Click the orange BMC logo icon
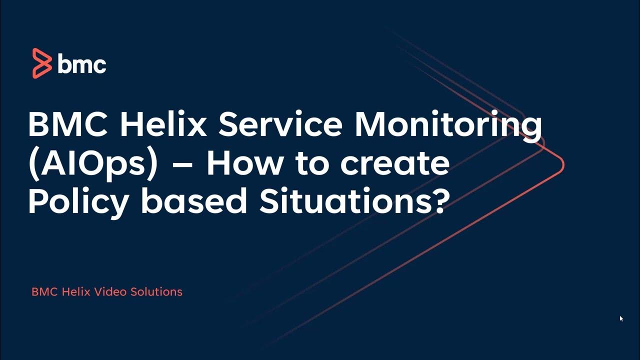coord(42,63)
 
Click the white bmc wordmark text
coord(82,64)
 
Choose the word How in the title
coord(245,163)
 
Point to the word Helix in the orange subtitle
coord(75,291)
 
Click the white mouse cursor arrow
coord(621,318)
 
